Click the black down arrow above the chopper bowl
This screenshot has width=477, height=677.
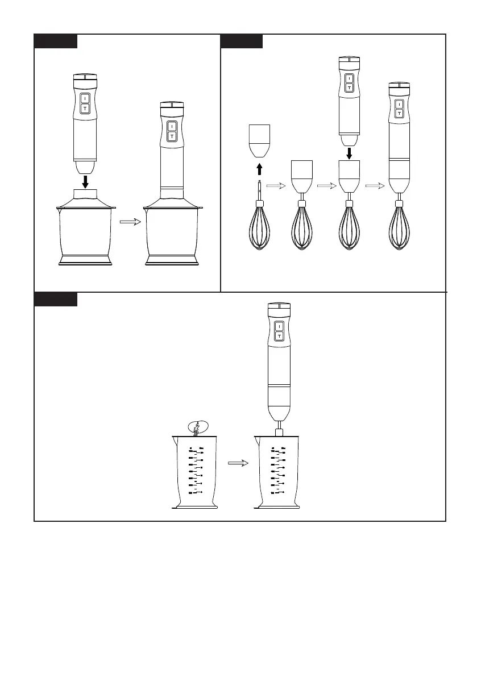pos(85,181)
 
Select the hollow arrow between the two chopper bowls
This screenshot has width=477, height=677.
pos(130,223)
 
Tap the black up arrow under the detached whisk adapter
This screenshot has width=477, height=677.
pos(259,168)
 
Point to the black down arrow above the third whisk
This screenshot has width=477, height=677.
pos(350,153)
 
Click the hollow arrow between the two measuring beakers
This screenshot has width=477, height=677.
pos(239,463)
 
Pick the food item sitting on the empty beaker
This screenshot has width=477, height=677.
pos(196,427)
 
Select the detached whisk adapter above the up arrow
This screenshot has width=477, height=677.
pos(259,141)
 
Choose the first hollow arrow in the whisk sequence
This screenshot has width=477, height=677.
pos(276,185)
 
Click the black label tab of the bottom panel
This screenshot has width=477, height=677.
pos(56,300)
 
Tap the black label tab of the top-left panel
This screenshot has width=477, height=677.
pos(56,41)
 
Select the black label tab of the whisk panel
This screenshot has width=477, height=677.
pos(242,41)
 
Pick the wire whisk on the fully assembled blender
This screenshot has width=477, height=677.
pos(400,227)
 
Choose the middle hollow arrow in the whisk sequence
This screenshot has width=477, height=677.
pos(325,185)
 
